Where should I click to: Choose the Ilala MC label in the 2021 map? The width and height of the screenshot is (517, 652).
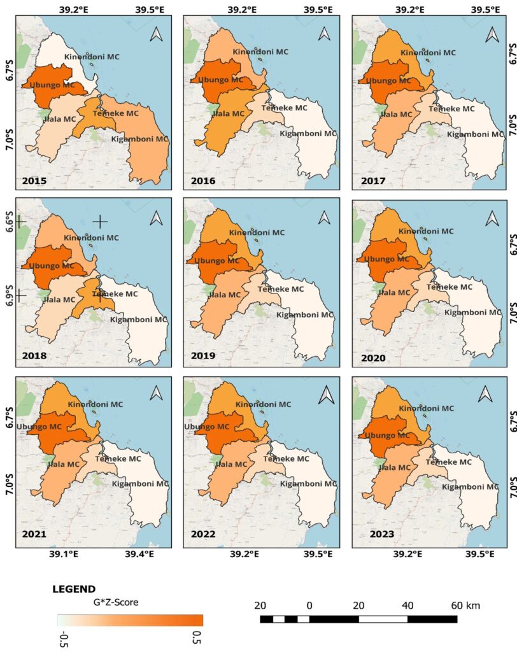64,464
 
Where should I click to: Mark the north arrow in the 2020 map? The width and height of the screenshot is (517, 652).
492,218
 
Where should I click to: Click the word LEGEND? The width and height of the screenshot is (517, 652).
74,590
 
